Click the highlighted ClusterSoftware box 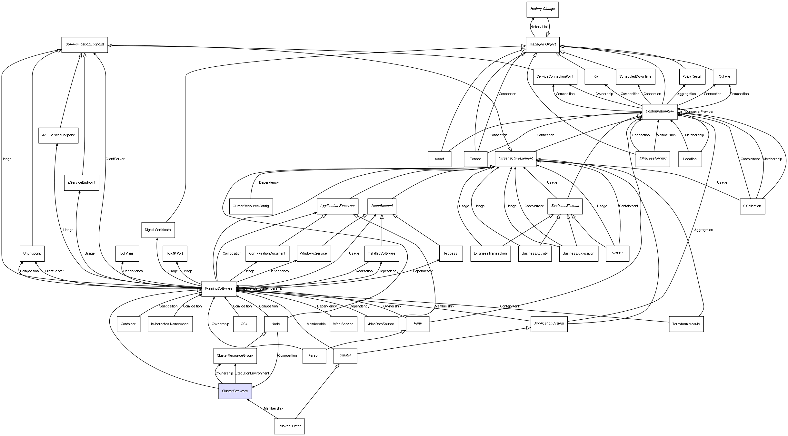235,391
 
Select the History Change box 543,9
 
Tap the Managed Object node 543,44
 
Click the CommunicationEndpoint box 85,44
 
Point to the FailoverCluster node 289,426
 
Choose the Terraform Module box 686,324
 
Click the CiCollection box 752,206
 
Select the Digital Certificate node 158,230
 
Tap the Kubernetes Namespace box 170,324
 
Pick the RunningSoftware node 219,289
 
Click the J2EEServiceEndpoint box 58,135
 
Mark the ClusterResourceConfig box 251,206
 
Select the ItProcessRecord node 653,159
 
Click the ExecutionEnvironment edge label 252,373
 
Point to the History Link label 539,27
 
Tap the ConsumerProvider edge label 699,111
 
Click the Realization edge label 364,271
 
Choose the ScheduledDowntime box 635,76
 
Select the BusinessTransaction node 490,253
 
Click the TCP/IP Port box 175,253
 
